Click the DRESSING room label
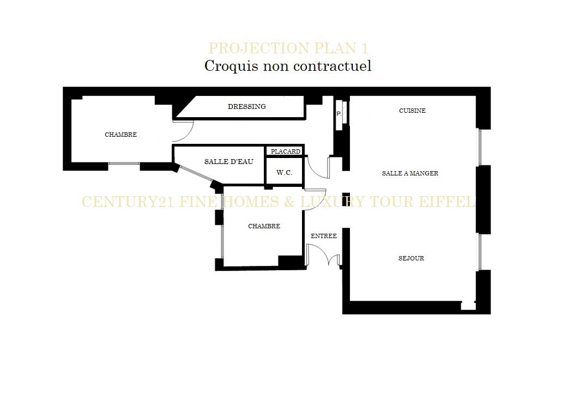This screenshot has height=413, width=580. click(x=247, y=106)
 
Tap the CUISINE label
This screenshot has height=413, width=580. click(x=412, y=111)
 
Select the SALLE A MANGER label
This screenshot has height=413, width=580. click(x=410, y=173)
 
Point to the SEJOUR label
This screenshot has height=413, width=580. click(x=411, y=258)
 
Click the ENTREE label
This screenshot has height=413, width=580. click(x=324, y=236)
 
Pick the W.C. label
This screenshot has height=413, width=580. click(x=285, y=173)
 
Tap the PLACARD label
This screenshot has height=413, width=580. click(x=285, y=151)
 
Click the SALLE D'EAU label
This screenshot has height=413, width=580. click(x=228, y=162)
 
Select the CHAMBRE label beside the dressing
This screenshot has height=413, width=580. click(x=120, y=135)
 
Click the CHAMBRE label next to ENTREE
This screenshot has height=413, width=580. click(x=264, y=226)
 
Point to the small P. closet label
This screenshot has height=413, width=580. click(x=339, y=114)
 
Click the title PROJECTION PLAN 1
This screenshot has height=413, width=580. click(x=288, y=48)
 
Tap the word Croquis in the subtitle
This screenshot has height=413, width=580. click(x=231, y=66)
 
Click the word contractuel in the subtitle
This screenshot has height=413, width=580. click(x=332, y=66)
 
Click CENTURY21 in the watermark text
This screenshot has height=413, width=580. click(x=128, y=202)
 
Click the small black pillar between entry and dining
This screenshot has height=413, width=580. click(x=346, y=199)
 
